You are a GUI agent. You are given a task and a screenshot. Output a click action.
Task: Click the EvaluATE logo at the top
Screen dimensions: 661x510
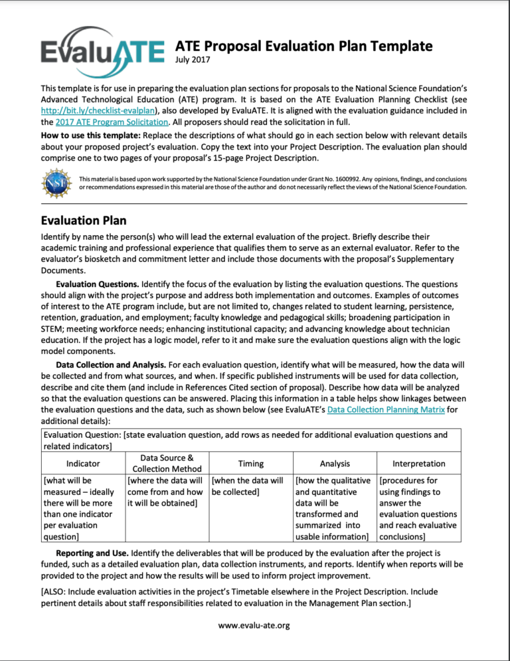click(102, 50)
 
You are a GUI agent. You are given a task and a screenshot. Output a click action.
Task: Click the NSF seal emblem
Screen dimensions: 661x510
click(56, 183)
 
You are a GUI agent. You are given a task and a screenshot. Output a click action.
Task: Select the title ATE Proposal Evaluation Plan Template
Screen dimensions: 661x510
click(303, 46)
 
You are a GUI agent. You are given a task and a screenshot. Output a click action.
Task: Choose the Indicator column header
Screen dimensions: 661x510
click(82, 464)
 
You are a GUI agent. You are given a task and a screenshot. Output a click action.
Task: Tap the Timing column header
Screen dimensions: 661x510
click(250, 464)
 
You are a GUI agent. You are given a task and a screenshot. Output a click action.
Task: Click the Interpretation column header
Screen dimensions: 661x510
click(418, 464)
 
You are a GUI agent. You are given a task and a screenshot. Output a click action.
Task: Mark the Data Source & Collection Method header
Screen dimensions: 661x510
click(167, 464)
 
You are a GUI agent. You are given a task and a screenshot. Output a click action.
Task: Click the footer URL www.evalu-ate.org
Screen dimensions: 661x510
click(255, 625)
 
